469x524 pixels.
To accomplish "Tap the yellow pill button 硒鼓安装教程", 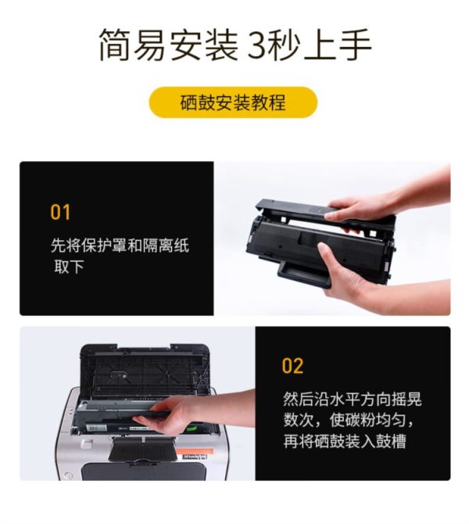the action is pos(233,102).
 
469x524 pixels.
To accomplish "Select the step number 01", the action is pos(60,212).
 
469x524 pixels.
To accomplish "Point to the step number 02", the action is pos(292,365).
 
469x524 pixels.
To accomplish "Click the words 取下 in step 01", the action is pos(69,267).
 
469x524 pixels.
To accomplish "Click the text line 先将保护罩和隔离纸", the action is pos(120,246).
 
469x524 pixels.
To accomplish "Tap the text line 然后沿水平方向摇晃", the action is pos(353,399).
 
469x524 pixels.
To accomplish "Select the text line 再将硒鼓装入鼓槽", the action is pos(345,441).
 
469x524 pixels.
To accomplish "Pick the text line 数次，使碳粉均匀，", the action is pos(349,420).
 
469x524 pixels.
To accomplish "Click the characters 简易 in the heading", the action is pos(133,45).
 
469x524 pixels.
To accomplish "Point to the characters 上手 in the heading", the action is pos(338,45).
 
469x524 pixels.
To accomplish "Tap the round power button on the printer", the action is pos(68,476).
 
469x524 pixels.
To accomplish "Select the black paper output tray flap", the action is pos(142,449).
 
